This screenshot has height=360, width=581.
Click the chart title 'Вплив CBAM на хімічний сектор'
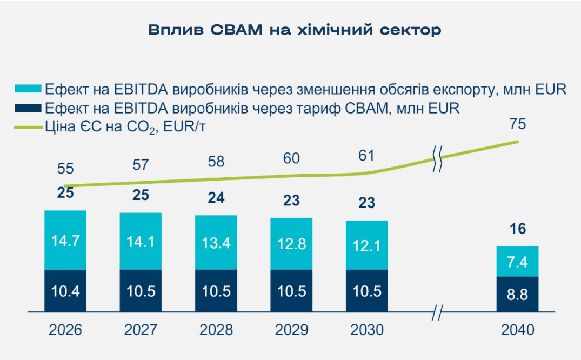point(295,30)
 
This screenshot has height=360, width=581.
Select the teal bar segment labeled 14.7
point(65,240)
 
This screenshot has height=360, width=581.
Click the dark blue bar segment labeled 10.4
point(65,291)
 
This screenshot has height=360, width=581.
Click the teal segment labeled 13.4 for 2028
point(216,243)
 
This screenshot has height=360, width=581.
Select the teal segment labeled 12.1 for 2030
point(367,245)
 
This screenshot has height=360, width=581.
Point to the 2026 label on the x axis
point(65,330)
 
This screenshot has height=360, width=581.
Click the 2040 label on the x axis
point(518,330)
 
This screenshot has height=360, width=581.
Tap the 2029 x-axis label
point(292,330)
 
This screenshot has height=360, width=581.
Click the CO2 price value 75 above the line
point(517,124)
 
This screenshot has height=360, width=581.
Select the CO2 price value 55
point(65,169)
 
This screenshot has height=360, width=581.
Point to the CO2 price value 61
point(367,156)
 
